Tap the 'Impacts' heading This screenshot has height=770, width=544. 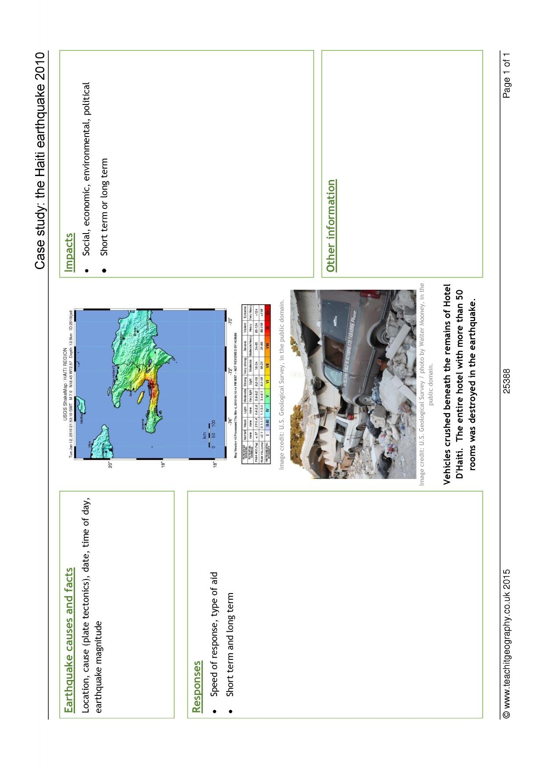(x=69, y=252)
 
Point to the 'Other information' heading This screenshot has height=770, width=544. (x=331, y=225)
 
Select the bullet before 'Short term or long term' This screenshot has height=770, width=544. (x=104, y=270)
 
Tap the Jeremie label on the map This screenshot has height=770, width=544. (x=143, y=425)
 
